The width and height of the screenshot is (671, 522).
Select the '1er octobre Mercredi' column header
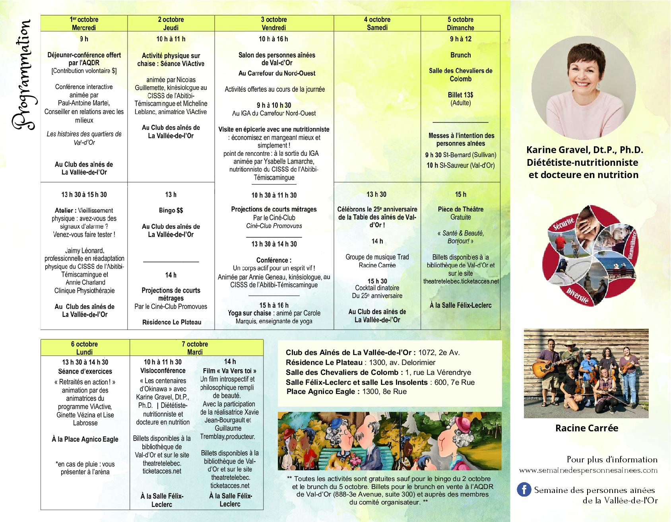tap(84, 23)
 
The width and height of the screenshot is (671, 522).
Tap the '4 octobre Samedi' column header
tap(376, 23)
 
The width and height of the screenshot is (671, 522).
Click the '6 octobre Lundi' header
tap(85, 348)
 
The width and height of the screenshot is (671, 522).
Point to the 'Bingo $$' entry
tap(171, 210)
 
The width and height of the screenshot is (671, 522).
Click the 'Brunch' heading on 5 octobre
tap(460, 55)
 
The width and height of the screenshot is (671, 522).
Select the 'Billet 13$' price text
tap(460, 95)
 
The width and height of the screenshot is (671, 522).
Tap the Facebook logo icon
tap(524, 489)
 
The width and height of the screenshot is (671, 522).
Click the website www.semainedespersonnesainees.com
tap(588, 470)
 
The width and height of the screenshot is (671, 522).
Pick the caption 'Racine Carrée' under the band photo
tap(586, 428)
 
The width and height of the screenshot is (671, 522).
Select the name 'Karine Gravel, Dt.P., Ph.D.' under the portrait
tap(584, 150)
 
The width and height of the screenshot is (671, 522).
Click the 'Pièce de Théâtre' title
tap(460, 209)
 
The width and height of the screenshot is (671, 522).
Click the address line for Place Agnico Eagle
tap(346, 392)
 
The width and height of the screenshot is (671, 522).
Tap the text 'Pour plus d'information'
tap(612, 460)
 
